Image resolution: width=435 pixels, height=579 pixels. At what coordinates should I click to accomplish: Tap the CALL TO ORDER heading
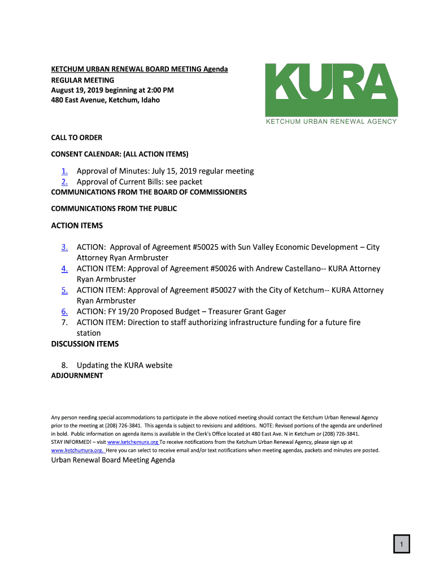coord(77,137)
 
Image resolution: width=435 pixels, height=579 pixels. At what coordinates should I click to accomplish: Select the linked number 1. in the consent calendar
coord(65,171)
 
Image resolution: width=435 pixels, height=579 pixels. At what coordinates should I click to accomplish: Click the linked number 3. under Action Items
coord(65,247)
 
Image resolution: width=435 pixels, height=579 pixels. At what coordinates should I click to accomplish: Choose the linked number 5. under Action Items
coord(65,290)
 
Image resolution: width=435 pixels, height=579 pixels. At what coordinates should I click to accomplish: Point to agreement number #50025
coord(206,247)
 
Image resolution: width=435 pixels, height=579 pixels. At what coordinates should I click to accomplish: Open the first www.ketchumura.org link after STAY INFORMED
coord(132,442)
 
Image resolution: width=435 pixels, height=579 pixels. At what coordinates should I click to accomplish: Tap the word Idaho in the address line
coord(150,100)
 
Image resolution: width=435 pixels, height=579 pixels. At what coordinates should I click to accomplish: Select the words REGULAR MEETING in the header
coord(82,80)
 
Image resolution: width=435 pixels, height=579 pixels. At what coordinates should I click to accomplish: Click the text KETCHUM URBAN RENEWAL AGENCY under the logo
coord(332,122)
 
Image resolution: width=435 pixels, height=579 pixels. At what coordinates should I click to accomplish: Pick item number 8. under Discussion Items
coord(65,365)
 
